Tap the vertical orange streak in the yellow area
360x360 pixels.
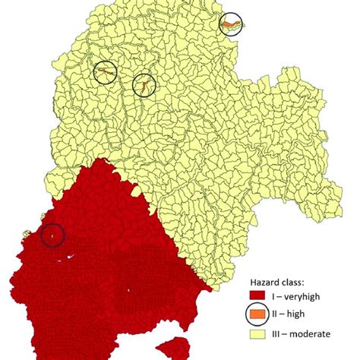141,86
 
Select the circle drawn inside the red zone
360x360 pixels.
52,235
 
